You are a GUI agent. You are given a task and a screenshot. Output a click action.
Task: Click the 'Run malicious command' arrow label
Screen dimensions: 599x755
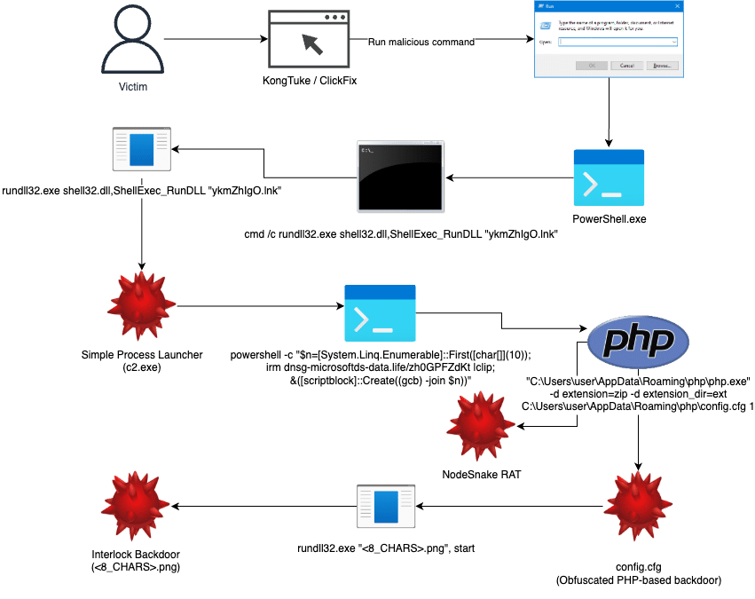point(421,42)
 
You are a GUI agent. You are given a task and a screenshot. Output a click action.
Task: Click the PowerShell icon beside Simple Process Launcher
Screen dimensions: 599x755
point(380,313)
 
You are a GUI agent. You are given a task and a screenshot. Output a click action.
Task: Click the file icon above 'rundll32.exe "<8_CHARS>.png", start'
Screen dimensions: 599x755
point(387,508)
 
